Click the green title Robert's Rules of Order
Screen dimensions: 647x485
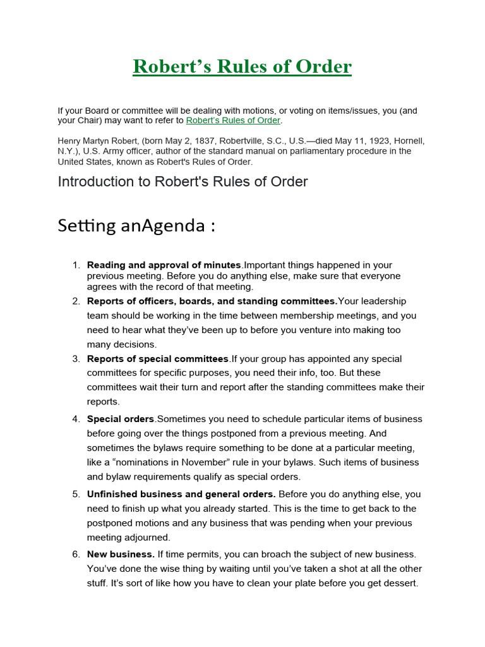[242, 66]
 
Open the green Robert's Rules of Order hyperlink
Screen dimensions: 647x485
[233, 121]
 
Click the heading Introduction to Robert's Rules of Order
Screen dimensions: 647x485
[183, 182]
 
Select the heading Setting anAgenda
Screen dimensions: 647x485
[136, 226]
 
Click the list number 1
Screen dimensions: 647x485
[76, 265]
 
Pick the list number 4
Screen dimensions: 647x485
[76, 419]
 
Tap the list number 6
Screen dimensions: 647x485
[76, 554]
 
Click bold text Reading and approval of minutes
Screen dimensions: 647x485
[164, 265]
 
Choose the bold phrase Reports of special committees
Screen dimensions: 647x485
[158, 359]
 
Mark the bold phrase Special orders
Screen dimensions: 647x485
[121, 419]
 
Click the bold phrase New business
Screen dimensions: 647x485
[121, 554]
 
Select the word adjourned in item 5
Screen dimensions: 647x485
[147, 537]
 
